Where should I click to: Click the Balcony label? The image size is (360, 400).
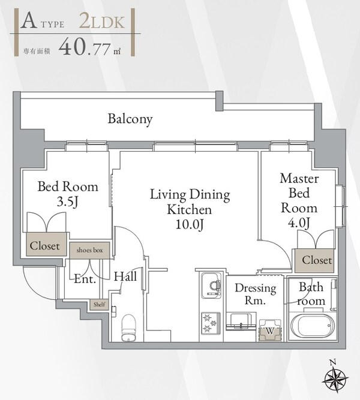(x=130, y=119)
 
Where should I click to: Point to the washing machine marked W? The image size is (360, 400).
(x=270, y=330)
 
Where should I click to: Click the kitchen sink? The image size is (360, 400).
(x=211, y=285)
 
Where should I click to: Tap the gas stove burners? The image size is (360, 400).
(x=211, y=323)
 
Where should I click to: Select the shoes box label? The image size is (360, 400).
(x=89, y=250)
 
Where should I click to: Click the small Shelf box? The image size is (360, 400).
(x=100, y=304)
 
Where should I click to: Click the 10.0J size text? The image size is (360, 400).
(x=190, y=224)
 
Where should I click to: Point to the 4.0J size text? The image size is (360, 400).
(x=299, y=222)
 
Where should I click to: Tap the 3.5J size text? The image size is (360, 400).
(x=67, y=201)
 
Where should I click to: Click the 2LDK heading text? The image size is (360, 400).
(x=101, y=22)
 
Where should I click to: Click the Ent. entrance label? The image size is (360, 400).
(x=85, y=279)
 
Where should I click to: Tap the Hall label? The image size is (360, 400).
(x=125, y=276)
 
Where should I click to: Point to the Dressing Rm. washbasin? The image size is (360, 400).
(x=240, y=321)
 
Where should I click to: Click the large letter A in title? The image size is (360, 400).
(x=28, y=21)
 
